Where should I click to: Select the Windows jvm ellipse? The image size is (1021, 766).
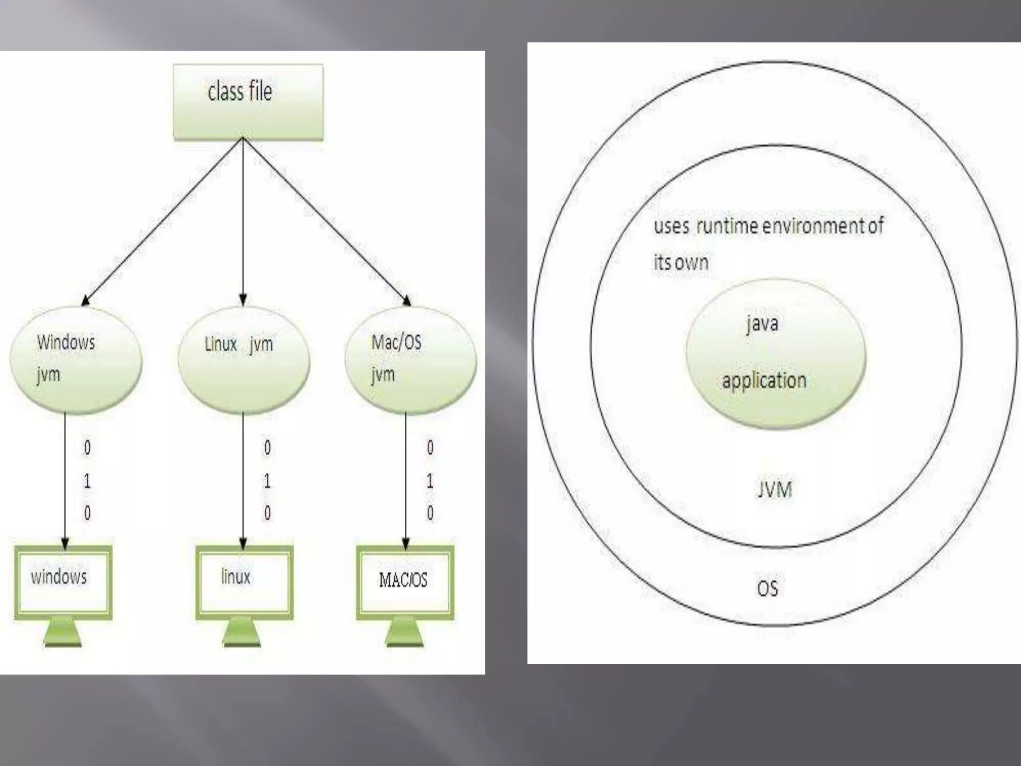coord(76,360)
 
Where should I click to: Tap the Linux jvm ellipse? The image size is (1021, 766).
coord(243,360)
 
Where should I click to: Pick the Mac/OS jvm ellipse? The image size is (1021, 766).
coord(410,360)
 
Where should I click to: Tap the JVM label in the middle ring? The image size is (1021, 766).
coord(774,490)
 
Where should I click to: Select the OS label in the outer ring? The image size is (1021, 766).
coord(767,589)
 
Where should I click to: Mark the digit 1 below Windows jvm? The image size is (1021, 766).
coord(87,481)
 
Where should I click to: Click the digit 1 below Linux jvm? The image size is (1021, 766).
coord(268,481)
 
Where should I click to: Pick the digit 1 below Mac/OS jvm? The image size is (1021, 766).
coord(430,481)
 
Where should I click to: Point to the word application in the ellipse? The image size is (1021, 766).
coord(764,381)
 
